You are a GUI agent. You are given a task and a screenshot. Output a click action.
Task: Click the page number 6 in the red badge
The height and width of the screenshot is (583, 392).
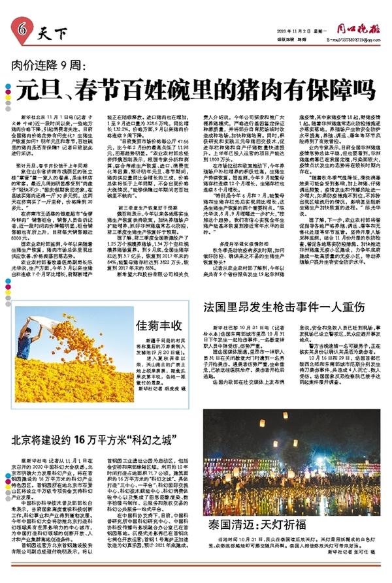click(22, 28)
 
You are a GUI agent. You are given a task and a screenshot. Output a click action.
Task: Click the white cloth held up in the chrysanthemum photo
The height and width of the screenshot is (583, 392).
click(47, 325)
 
